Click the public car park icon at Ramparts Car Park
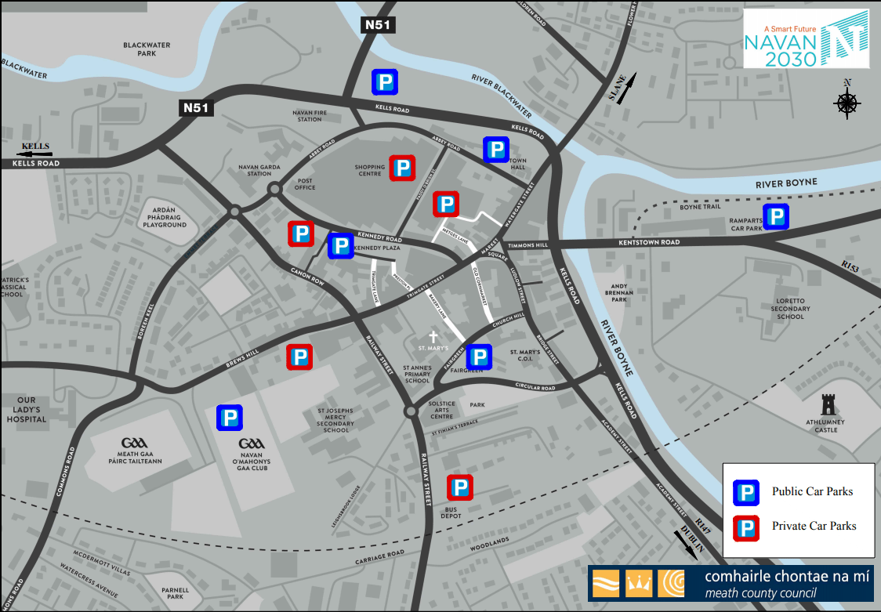[x=776, y=217]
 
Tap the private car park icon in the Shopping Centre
[x=402, y=168]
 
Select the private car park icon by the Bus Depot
[x=460, y=488]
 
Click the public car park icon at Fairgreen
[x=479, y=357]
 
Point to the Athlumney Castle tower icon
[x=827, y=405]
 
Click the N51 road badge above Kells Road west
[x=195, y=108]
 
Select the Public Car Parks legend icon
[x=746, y=492]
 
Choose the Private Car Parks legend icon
[x=746, y=527]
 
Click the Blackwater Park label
[x=147, y=49]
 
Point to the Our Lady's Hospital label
[x=27, y=410]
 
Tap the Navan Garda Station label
[x=255, y=170]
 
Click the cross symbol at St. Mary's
[x=432, y=336]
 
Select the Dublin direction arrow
[x=687, y=542]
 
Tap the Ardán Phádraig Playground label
[x=165, y=217]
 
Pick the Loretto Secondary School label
[x=790, y=309]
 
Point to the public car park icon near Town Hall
[x=495, y=149]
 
